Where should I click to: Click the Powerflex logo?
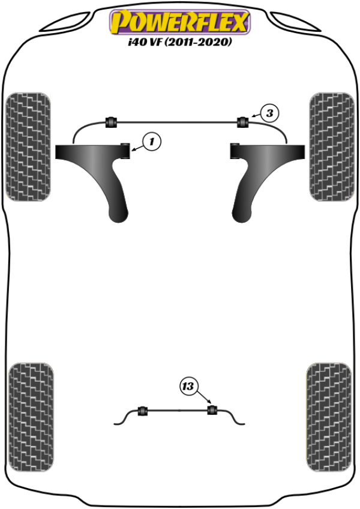point(180,22)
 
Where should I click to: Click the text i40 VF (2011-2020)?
point(180,42)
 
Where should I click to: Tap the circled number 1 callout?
point(152,141)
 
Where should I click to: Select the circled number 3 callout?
point(269,113)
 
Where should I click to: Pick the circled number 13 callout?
point(188,387)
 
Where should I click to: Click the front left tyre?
point(28,146)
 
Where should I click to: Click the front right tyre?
point(332,146)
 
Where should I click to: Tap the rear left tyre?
point(31,417)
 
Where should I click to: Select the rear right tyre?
point(329,417)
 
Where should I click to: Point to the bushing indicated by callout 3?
point(242,122)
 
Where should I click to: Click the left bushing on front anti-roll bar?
point(111,122)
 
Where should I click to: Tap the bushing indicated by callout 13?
point(212,411)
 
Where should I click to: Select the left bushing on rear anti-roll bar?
point(143,411)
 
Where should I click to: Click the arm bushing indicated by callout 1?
point(125,151)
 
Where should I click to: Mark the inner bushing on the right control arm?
point(235,151)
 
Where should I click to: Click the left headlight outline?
point(66,22)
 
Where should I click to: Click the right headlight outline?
point(295,22)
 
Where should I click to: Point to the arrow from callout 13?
point(203,397)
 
